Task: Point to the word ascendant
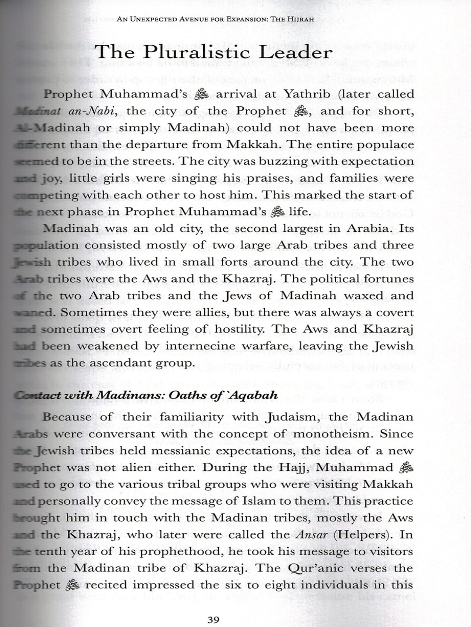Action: point(117,363)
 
